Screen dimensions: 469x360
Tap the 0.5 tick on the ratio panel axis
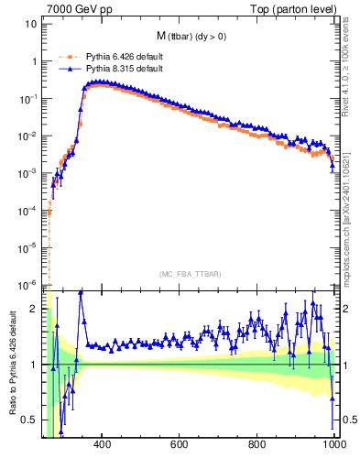pos(30,420)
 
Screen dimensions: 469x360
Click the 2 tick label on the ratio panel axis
pos(35,309)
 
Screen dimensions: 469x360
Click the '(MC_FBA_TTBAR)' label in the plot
pos(191,274)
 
